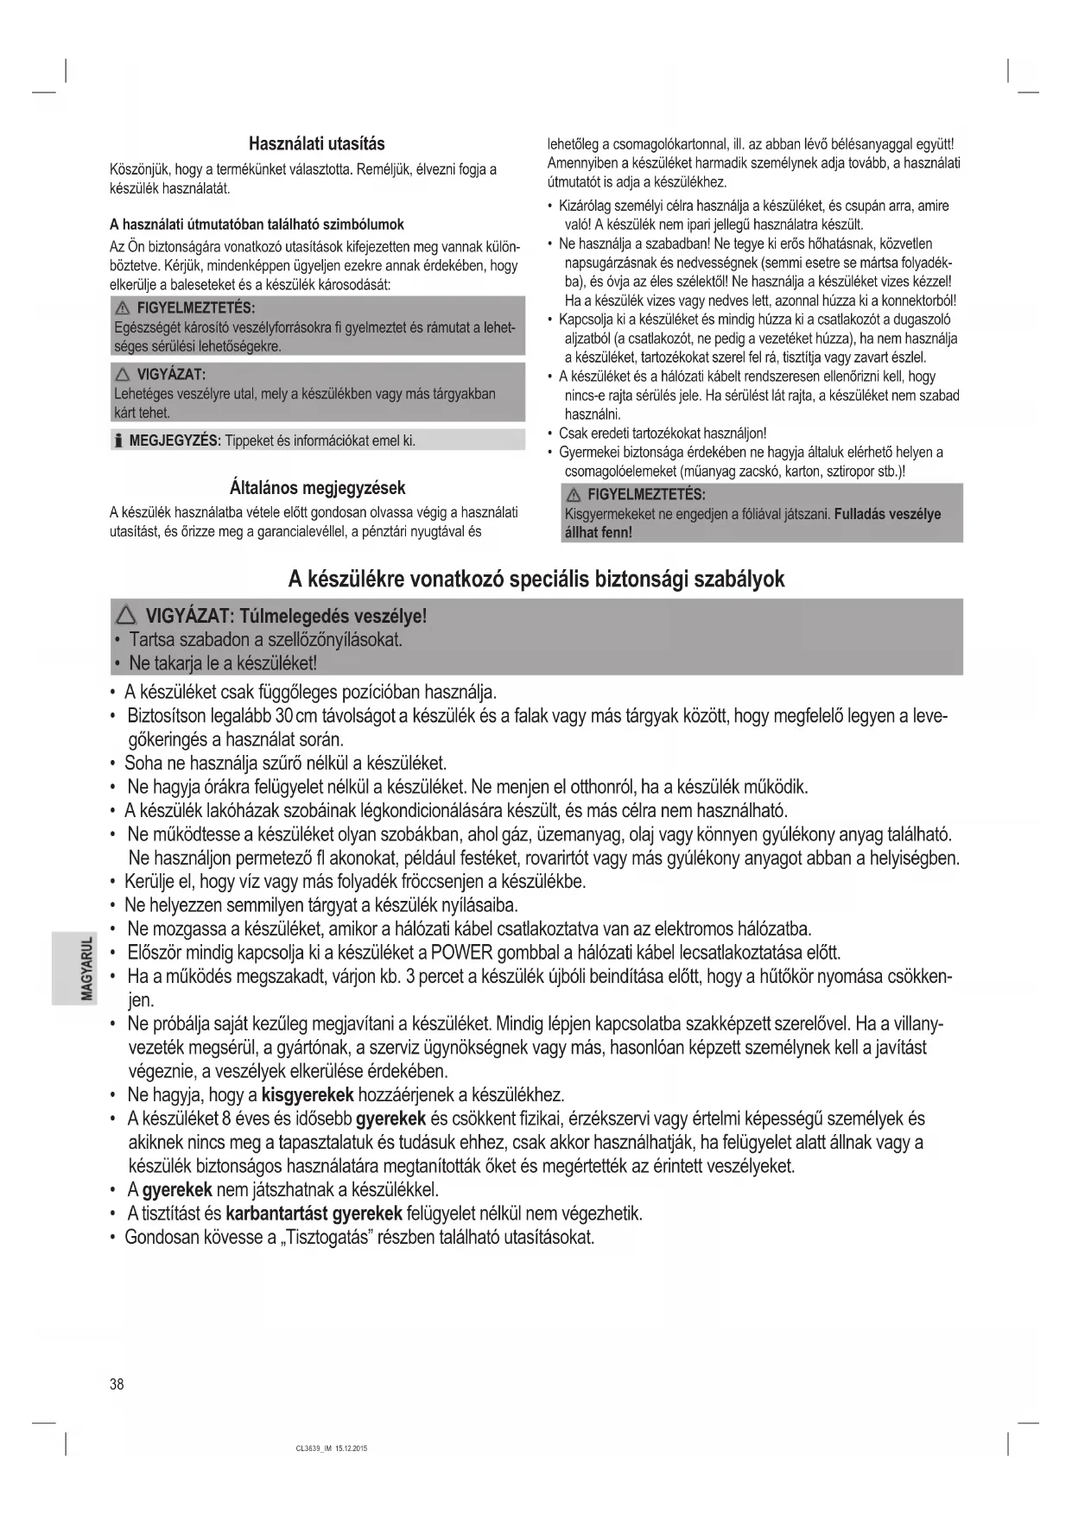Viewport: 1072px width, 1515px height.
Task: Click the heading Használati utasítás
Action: pos(316,143)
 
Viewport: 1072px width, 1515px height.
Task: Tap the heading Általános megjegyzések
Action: pos(317,487)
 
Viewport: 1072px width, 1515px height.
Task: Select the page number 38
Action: pos(117,1385)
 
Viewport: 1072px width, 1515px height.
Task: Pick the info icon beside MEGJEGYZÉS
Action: pos(117,441)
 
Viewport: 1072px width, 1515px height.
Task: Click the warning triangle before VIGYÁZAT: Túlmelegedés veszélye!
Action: pos(126,617)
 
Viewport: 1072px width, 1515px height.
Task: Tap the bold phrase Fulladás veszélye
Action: pos(887,514)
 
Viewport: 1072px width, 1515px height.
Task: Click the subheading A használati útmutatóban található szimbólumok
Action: pos(257,225)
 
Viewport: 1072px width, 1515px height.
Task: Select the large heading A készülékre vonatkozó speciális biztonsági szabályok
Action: pos(536,579)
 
